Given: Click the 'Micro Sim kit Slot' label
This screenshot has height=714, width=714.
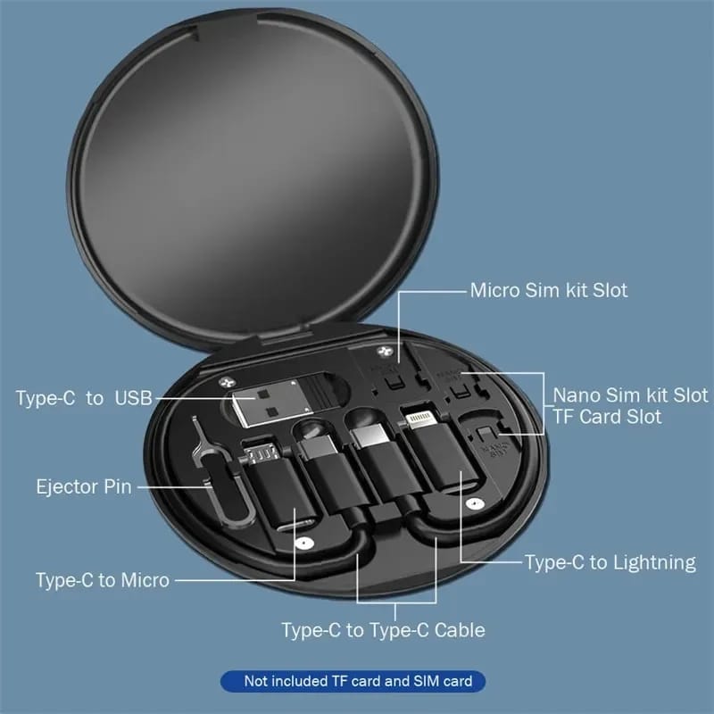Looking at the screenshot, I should pos(549,290).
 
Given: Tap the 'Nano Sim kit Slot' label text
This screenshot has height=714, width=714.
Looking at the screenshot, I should pos(630,394).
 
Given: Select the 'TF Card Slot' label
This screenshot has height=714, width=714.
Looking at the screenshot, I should pos(608,417).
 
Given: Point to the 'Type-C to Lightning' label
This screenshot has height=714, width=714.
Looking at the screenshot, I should pos(610,562).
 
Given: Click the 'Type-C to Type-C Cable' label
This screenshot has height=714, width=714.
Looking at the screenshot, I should pos(383,630).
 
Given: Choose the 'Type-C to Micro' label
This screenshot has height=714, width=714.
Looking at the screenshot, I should pos(103,580).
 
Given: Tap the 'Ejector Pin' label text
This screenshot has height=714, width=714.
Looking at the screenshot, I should pos(84,487).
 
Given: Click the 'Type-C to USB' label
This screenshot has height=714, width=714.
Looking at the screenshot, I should pos(84,398).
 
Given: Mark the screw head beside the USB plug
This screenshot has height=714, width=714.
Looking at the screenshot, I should pos(220,382).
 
